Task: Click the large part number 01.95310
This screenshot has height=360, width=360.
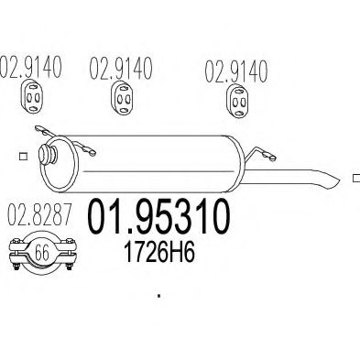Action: point(158,216)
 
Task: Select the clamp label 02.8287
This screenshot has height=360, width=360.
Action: point(39,214)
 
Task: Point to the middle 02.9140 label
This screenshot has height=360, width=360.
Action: point(121,68)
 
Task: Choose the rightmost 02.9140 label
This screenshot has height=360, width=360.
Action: point(236,71)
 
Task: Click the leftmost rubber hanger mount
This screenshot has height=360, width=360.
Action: point(32,96)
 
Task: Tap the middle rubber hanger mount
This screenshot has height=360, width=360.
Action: point(121,98)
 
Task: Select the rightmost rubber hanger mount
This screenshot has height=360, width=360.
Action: point(237,102)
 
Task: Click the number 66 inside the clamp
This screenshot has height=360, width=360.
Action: point(42,253)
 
